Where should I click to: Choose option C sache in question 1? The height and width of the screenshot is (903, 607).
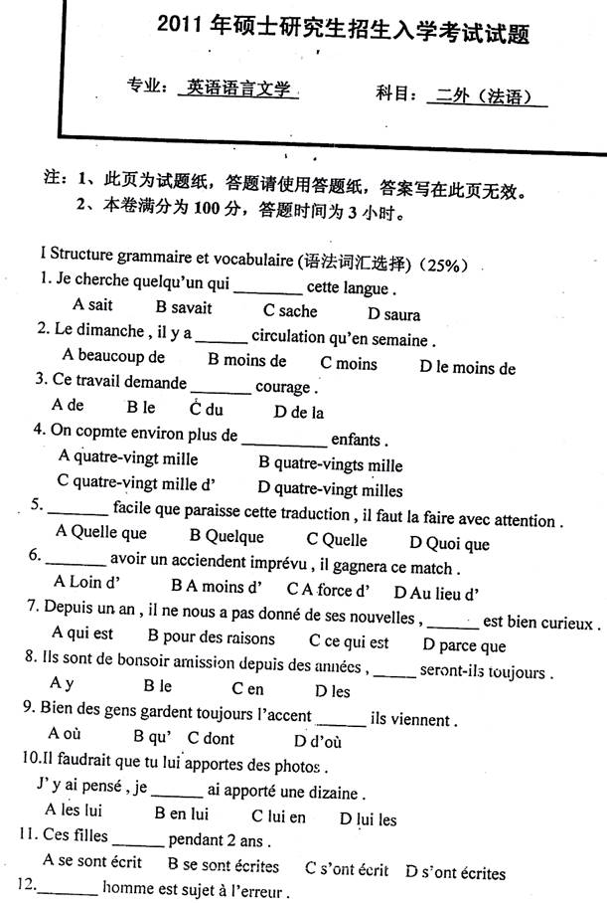[x=290, y=311]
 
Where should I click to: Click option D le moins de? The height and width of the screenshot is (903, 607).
[x=467, y=368]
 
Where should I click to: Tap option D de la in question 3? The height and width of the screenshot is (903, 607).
[x=300, y=412]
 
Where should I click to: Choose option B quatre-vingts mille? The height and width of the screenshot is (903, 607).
[x=330, y=464]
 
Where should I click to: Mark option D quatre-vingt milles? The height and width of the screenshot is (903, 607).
[x=330, y=489]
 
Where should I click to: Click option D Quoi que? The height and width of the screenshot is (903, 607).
[x=450, y=543]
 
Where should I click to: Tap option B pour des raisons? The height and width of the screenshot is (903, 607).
[x=211, y=636]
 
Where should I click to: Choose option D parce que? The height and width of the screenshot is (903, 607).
[x=464, y=644]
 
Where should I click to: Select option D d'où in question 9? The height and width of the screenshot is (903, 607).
[x=318, y=741]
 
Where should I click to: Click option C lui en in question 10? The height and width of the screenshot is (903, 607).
[x=278, y=817]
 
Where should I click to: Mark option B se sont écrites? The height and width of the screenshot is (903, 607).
[x=224, y=866]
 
